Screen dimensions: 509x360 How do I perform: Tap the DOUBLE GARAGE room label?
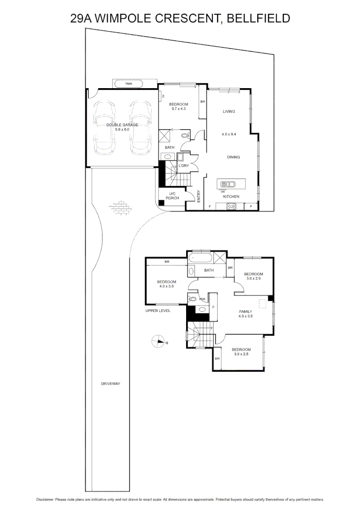(x=122, y=125)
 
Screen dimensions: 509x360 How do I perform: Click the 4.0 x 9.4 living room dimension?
(x=229, y=134)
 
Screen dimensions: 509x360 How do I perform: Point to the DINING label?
(x=234, y=157)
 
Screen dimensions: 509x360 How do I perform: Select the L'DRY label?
(x=183, y=166)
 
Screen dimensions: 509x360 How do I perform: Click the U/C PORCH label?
(x=172, y=196)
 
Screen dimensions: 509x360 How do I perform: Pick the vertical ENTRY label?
(x=199, y=196)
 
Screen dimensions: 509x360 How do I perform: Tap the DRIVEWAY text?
(x=111, y=384)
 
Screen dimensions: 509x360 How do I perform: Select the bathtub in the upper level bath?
(x=200, y=258)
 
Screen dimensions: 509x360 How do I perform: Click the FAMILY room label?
(x=245, y=311)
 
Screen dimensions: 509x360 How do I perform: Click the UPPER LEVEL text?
(x=158, y=311)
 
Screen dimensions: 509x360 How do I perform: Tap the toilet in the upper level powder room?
(x=192, y=298)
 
